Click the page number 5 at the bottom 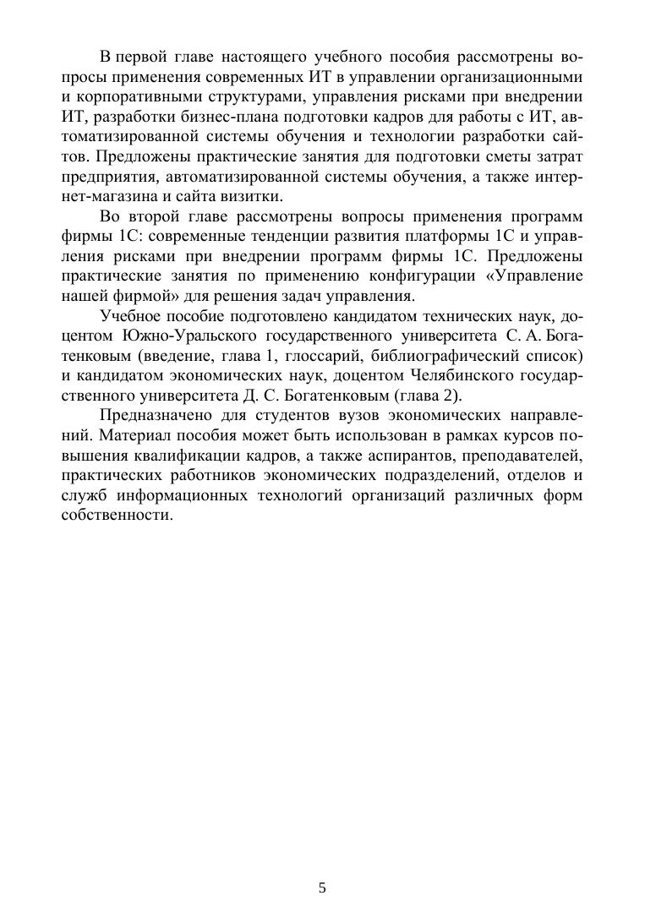[x=322, y=887]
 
